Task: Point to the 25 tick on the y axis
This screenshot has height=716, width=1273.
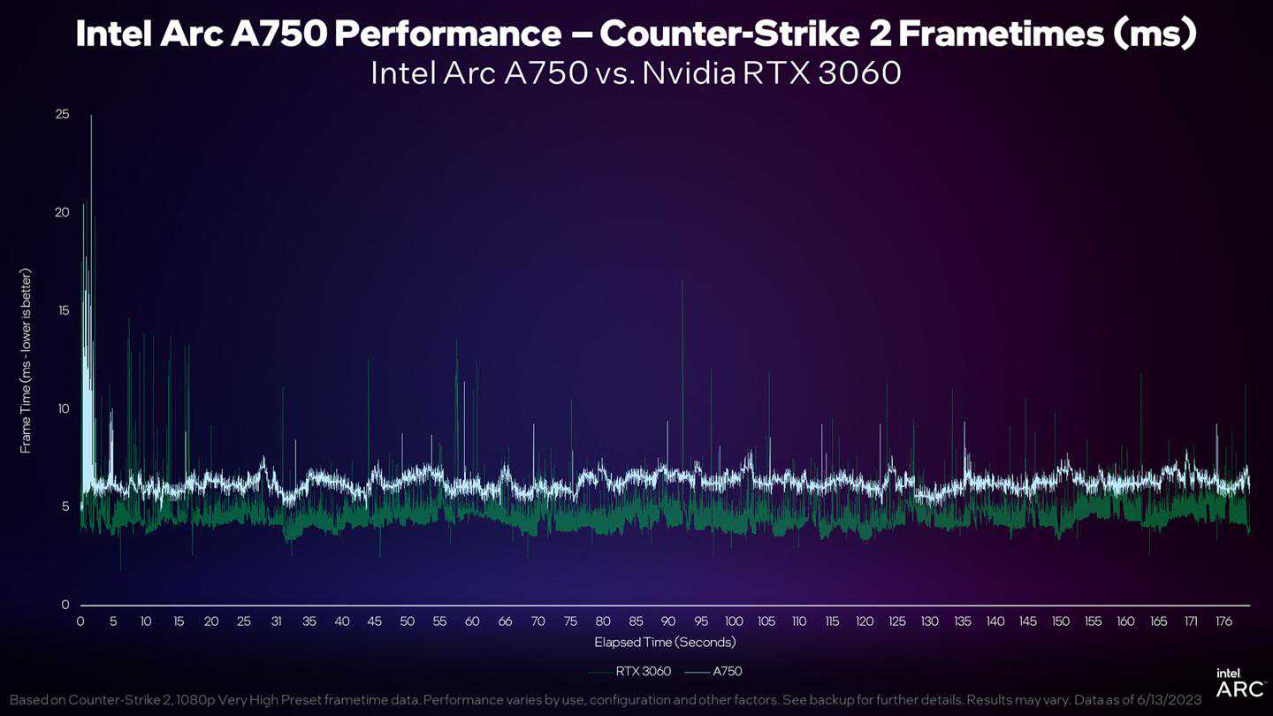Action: click(62, 115)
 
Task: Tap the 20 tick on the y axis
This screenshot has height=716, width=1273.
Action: click(62, 212)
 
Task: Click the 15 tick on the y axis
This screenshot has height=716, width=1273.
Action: click(62, 311)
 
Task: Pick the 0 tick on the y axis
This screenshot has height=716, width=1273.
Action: click(65, 606)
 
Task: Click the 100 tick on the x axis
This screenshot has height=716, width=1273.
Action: click(734, 621)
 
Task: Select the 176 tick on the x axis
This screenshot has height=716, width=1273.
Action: click(1223, 621)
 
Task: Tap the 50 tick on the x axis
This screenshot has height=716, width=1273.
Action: click(407, 621)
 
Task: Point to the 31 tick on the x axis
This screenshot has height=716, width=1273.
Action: click(277, 621)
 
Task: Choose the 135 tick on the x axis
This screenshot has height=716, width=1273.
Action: click(963, 621)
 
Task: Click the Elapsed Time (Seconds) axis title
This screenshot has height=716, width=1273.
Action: click(665, 642)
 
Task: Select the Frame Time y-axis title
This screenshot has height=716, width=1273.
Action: click(26, 360)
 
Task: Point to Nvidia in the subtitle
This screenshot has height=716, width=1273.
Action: click(689, 72)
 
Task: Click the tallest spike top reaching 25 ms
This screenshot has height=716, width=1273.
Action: click(91, 116)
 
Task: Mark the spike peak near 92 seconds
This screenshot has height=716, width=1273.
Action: click(682, 280)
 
